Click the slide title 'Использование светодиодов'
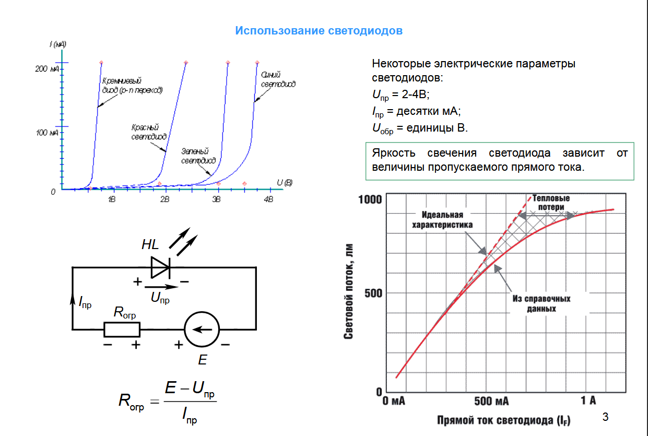(x=319, y=30)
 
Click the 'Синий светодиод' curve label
(x=278, y=79)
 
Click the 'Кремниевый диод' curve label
(x=132, y=86)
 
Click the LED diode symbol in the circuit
(x=160, y=267)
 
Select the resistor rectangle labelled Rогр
(x=122, y=329)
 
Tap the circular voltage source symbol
(x=202, y=329)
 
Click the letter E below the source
(x=203, y=360)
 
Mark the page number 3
(x=605, y=417)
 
